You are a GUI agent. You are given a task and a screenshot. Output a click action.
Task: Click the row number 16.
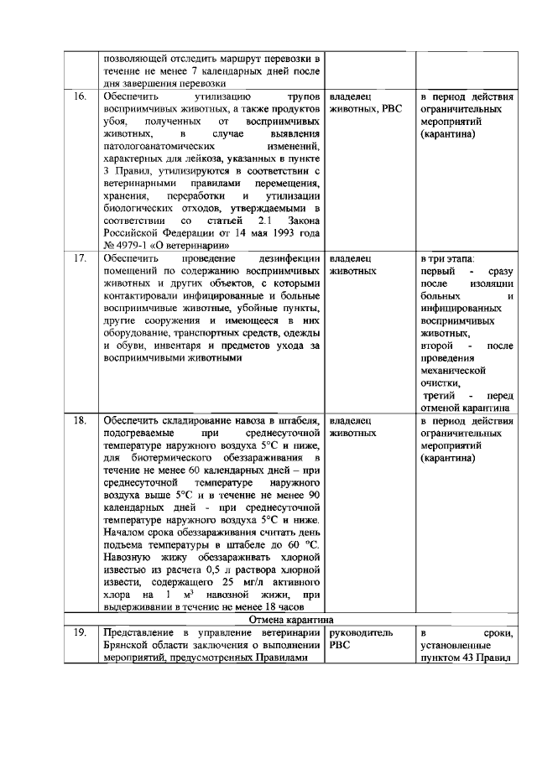(81, 97)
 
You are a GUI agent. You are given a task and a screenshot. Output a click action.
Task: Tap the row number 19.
(81, 634)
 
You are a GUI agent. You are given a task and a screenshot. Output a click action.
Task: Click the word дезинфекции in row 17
(290, 259)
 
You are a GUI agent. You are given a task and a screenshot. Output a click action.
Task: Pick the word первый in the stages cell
(437, 272)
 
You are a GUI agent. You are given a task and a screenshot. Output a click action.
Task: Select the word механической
(453, 370)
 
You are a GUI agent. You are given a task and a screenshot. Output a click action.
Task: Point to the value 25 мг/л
(236, 581)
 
